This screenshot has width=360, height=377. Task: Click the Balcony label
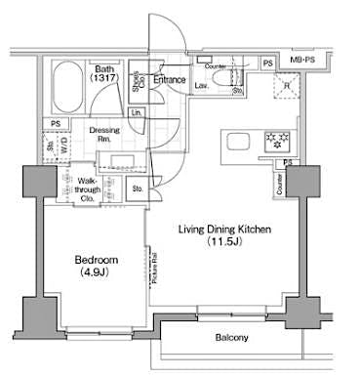pos(231,338)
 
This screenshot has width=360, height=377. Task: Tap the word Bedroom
pos(97,260)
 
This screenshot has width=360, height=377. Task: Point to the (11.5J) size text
pos(223,242)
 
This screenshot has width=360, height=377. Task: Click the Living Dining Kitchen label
pos(223,230)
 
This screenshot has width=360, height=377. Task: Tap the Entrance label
pos(169,79)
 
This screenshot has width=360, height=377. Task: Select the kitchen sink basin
pos(237,144)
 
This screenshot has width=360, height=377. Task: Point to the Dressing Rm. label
pos(104,135)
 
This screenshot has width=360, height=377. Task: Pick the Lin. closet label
pos(137,113)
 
